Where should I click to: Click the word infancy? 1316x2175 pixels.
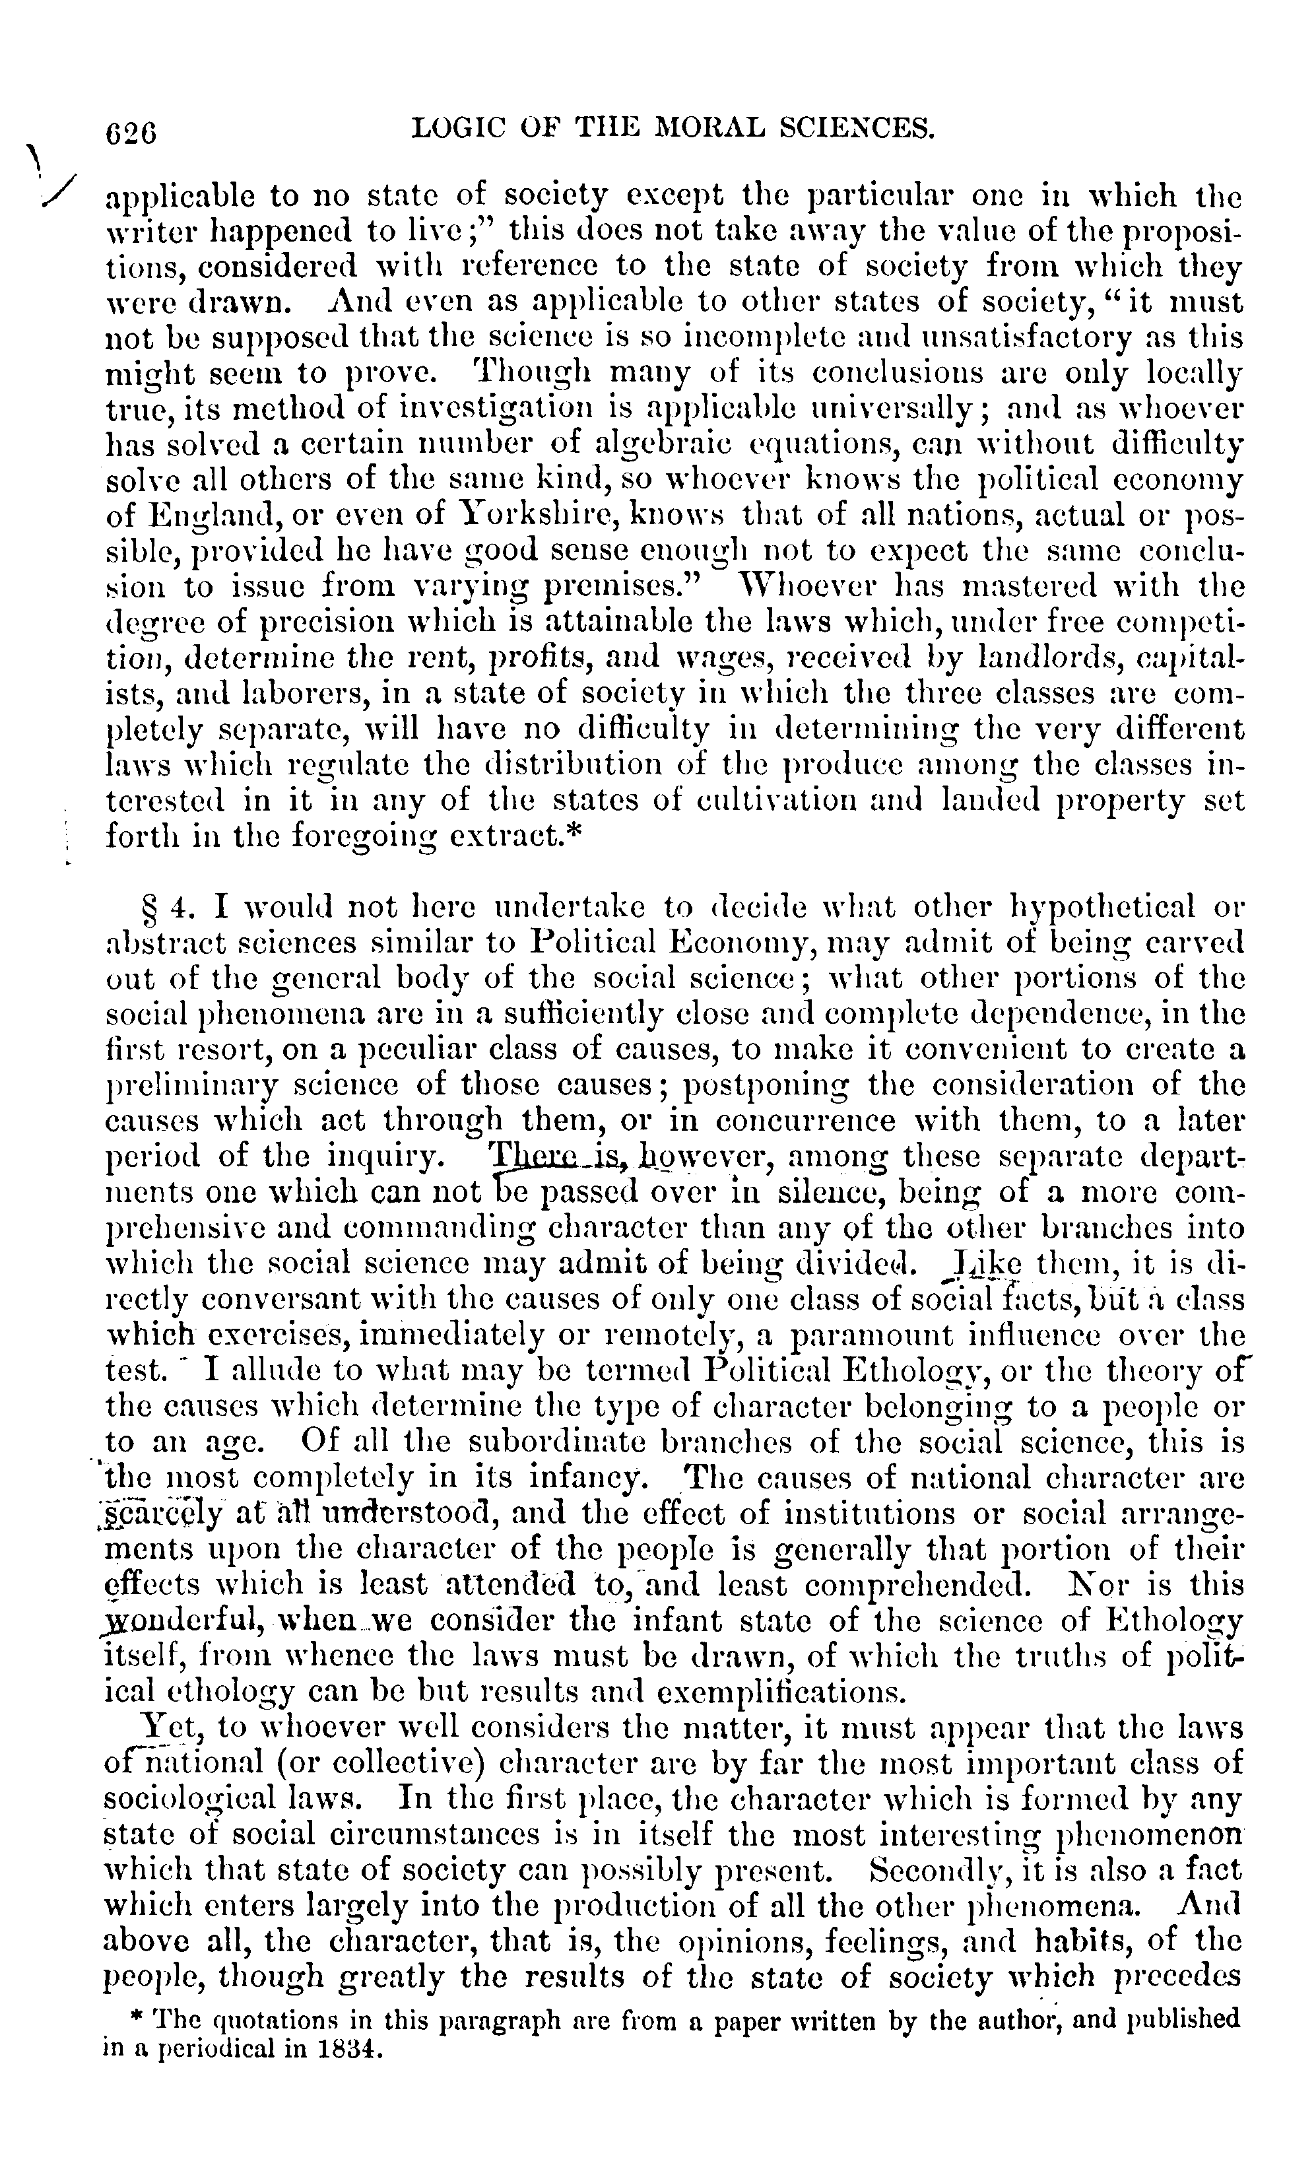[x=601, y=1479]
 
